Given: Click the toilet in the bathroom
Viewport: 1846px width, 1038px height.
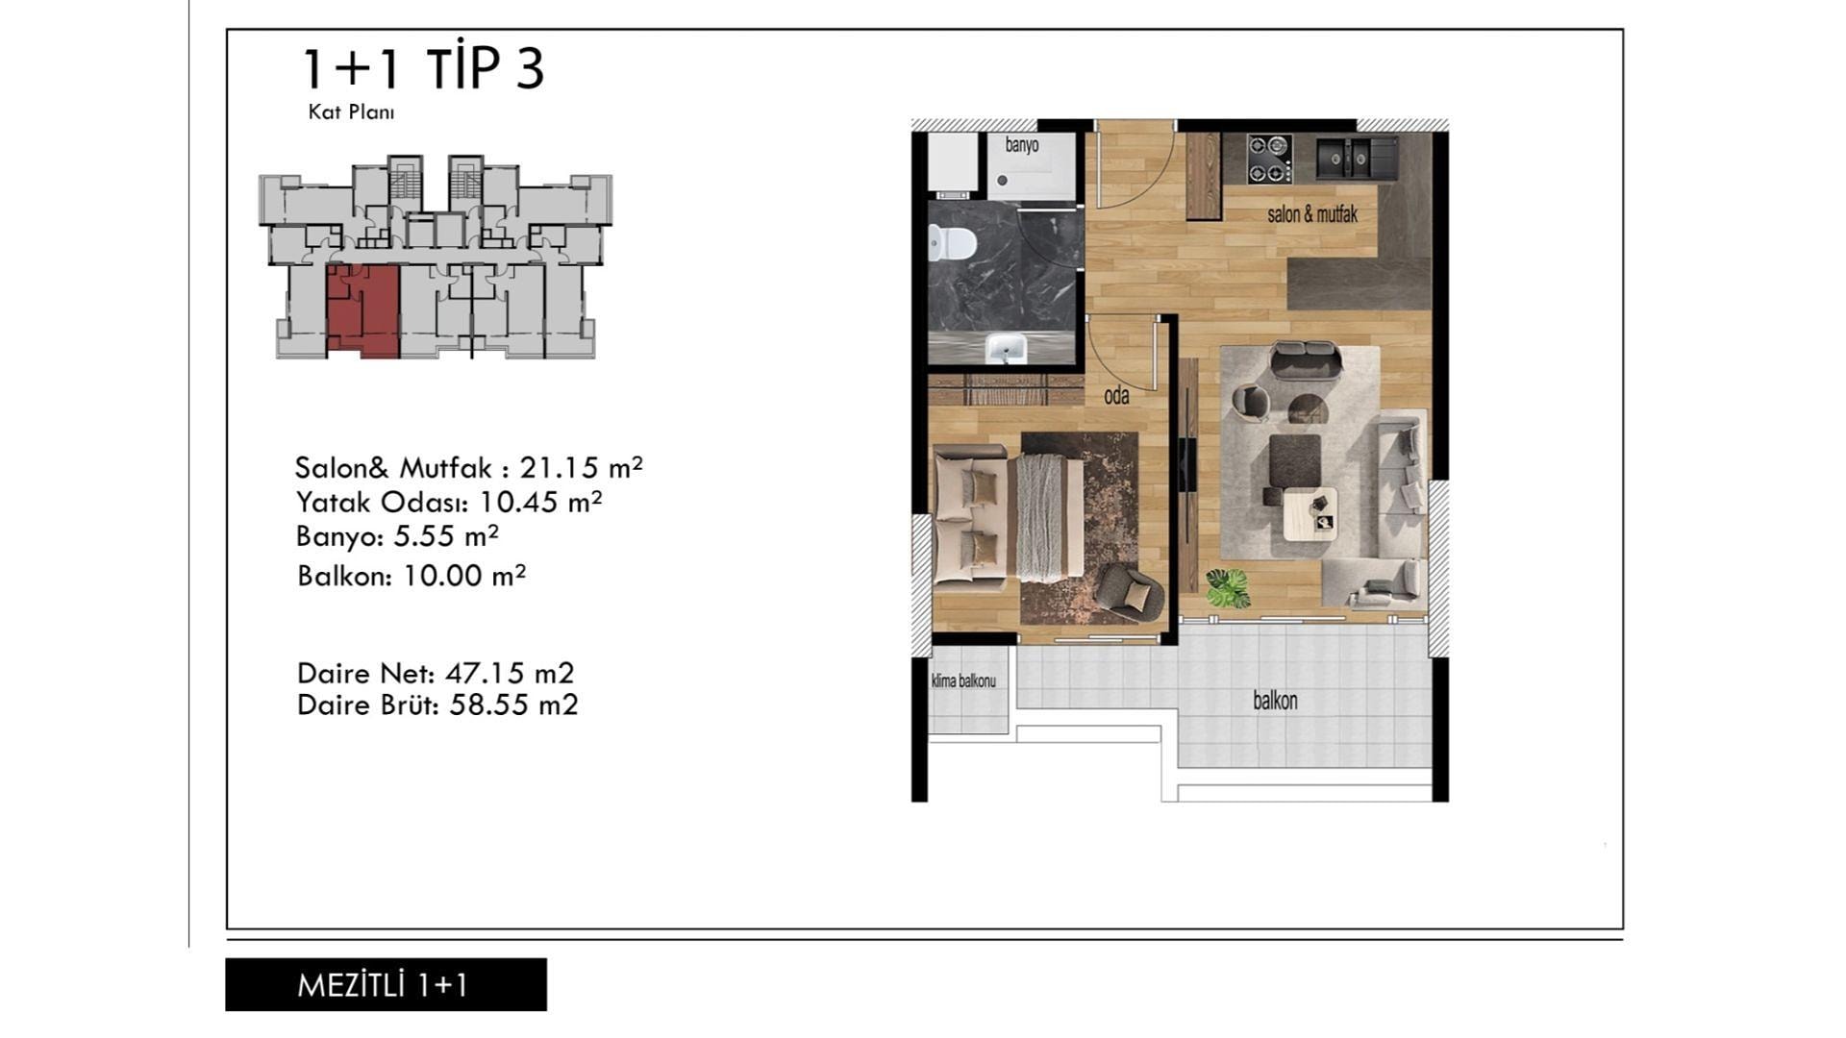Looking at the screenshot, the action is coord(952,243).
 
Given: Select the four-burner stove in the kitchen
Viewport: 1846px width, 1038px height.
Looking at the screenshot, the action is coord(1268,159).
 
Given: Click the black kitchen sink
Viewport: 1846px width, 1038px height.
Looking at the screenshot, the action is coord(1356,158).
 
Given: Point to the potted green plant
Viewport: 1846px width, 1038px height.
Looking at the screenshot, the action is coord(1227,586).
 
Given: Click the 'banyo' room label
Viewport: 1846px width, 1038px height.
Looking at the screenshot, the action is coord(1022,145).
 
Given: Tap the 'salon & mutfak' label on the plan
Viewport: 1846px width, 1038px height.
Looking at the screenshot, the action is coord(1312,214).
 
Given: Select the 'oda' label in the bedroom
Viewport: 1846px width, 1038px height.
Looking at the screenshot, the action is coord(1116,396).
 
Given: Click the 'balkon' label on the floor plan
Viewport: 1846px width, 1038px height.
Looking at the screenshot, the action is coord(1275,701).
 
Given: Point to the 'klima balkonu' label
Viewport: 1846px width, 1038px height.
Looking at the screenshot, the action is coord(963,681).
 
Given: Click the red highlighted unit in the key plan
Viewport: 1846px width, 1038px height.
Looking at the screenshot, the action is coord(362,311).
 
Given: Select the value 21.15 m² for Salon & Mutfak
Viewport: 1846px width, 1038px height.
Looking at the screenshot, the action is coord(581,467).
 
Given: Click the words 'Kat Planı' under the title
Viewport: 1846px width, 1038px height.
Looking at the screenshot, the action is coord(351,111).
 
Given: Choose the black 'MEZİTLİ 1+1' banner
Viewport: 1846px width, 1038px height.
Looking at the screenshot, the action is coord(386,984).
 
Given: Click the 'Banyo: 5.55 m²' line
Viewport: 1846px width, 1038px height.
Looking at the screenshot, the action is coord(397,536).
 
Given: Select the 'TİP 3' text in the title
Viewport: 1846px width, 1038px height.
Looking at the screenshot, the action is coord(486,68).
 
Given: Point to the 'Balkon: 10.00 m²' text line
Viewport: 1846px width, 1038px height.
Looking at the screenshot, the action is coord(412,576).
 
